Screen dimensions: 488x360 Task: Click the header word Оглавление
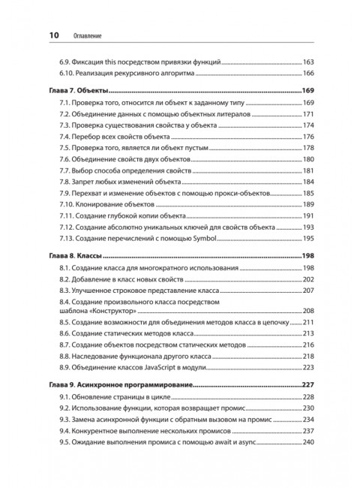click(x=85, y=35)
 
